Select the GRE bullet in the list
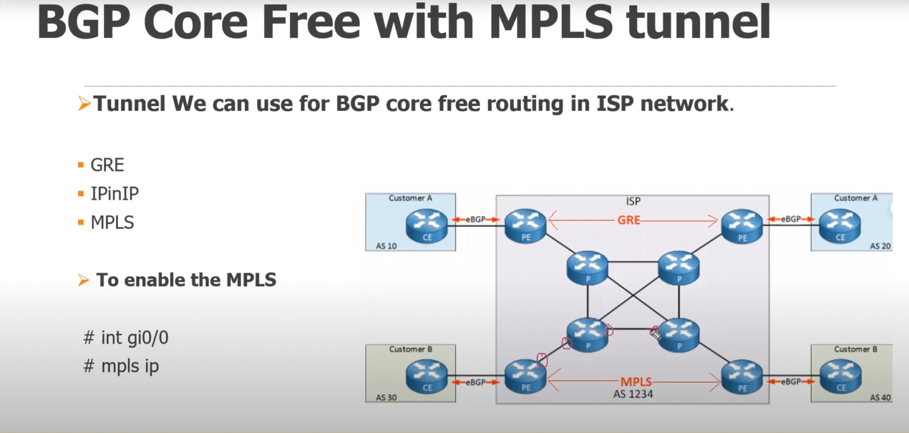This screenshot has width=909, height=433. [107, 165]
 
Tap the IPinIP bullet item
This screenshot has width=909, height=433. [115, 194]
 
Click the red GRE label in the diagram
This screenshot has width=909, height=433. [629, 220]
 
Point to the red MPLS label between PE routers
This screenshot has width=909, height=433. [636, 382]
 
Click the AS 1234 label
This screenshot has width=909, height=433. [633, 393]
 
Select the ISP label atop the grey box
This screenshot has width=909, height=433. [633, 201]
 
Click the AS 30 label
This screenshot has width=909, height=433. [386, 397]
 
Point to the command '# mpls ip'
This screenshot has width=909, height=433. [122, 366]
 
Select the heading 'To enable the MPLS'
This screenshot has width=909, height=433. [186, 280]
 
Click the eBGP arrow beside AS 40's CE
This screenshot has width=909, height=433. [791, 382]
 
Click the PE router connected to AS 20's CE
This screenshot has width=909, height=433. [742, 226]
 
